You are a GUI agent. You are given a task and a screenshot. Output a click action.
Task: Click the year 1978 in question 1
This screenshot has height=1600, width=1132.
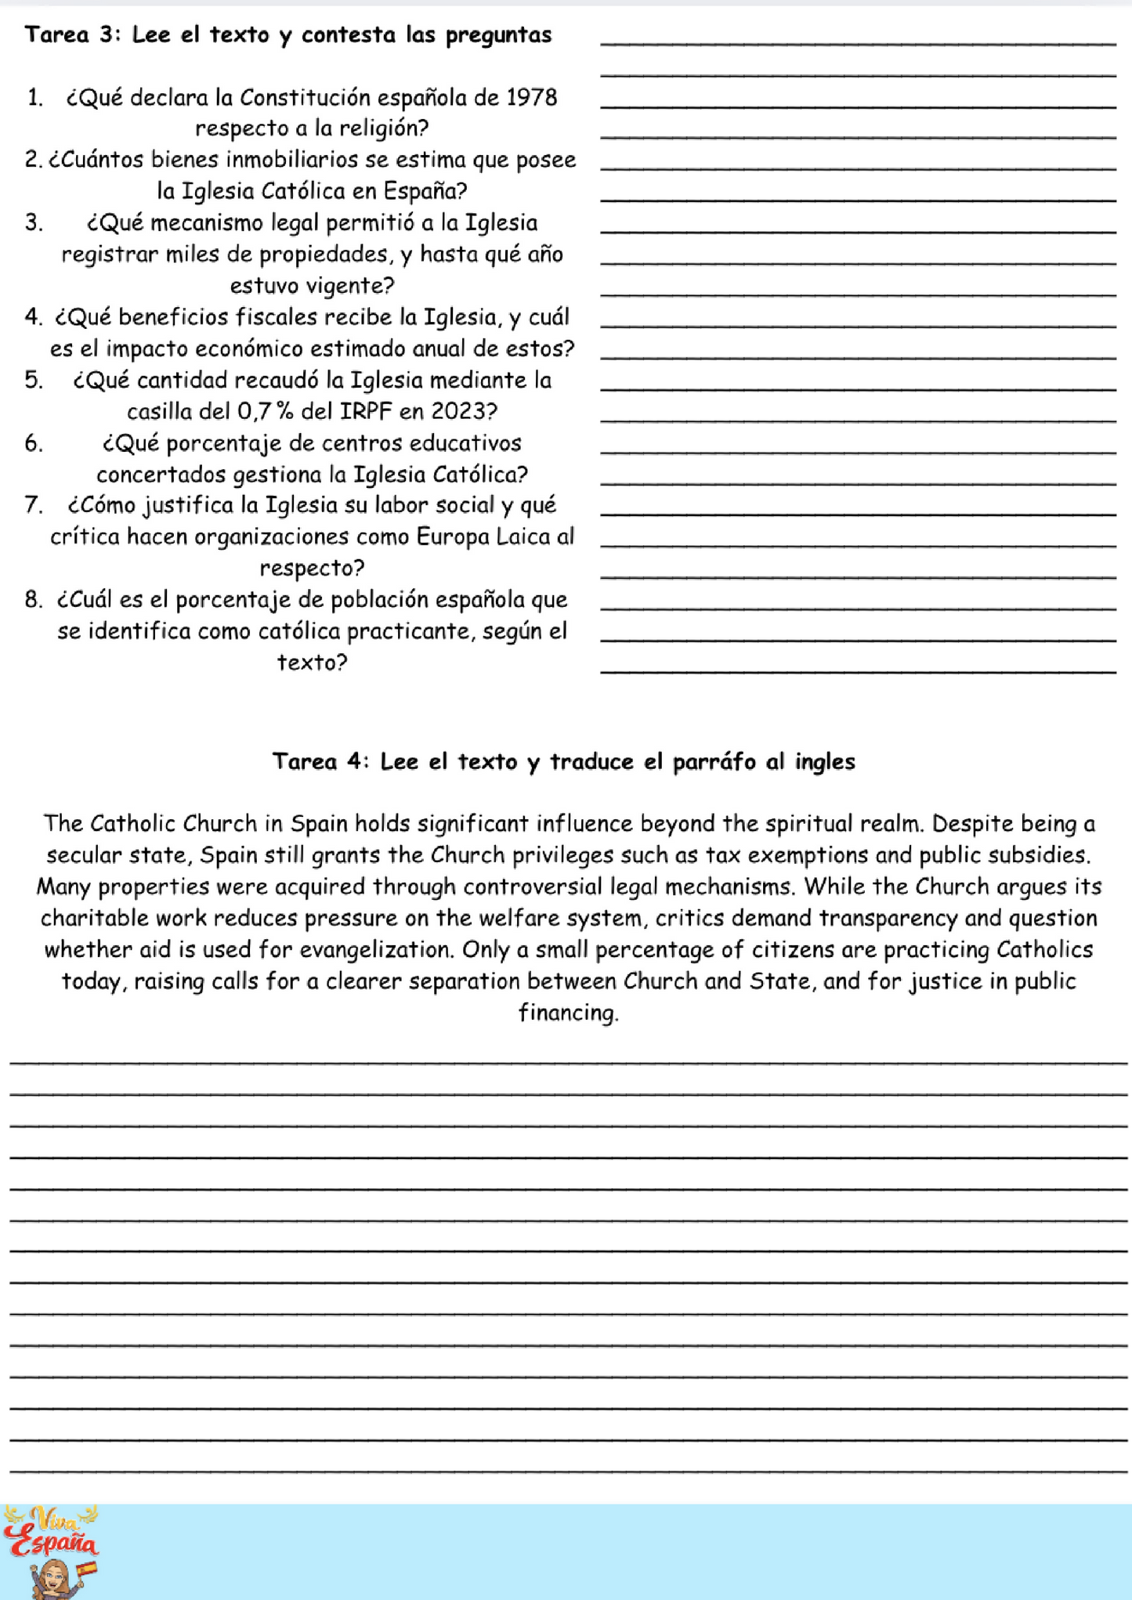[532, 98]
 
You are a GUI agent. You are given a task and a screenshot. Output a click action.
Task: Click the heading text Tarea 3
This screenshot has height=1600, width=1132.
[71, 35]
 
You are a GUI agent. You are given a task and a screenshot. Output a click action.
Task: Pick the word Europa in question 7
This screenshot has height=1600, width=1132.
[454, 537]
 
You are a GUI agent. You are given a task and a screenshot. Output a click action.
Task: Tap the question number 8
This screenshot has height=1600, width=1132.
[33, 600]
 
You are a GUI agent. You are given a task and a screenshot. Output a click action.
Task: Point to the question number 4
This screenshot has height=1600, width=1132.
[32, 317]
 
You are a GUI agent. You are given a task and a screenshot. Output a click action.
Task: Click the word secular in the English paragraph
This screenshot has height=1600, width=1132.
[81, 855]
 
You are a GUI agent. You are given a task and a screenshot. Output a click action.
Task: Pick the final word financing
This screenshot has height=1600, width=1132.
[568, 1013]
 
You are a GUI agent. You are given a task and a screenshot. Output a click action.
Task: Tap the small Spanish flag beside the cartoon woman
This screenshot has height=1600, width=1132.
[87, 1569]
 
